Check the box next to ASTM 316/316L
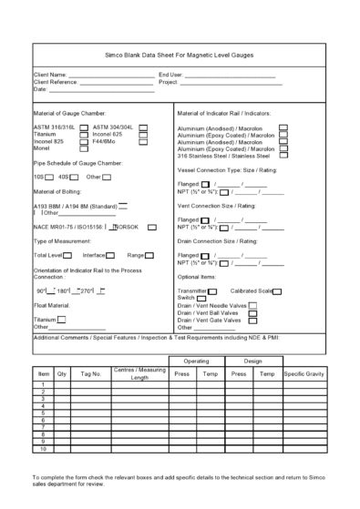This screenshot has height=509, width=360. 84,127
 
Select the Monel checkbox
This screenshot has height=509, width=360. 84,148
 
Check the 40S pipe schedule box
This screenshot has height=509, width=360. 77,176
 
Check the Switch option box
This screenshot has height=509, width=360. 200,298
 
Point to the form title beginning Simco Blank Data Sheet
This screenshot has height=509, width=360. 180,55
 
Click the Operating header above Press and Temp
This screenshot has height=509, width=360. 196,361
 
